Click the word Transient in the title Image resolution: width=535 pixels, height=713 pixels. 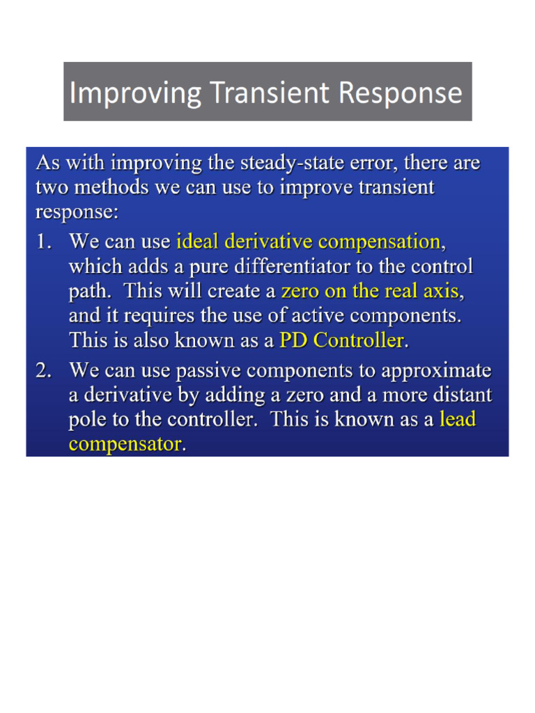[270, 93]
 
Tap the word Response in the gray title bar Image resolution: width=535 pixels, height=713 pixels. [401, 93]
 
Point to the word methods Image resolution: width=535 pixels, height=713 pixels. [111, 187]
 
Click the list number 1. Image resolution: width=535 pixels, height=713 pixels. [44, 242]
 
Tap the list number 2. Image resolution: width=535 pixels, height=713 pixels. [44, 370]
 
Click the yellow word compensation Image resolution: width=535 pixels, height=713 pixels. [379, 242]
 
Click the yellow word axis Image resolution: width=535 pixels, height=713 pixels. [440, 291]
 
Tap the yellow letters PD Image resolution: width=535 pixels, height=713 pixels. [293, 340]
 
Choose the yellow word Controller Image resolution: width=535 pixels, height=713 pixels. [359, 340]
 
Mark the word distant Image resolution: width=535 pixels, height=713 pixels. [463, 395]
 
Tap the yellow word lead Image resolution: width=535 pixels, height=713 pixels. [457, 419]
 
